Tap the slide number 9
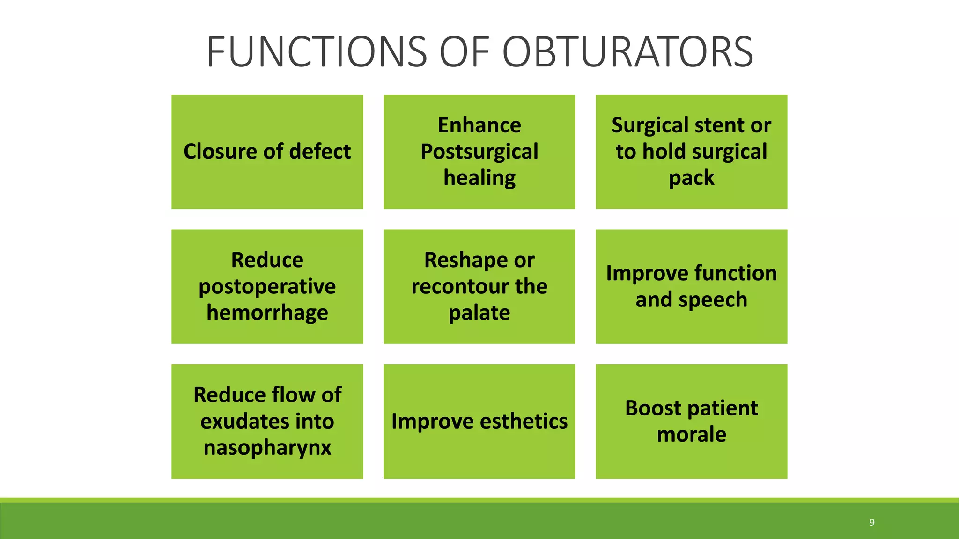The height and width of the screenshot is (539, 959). (871, 523)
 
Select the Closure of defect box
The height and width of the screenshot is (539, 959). (267, 152)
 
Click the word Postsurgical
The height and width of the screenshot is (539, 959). (479, 152)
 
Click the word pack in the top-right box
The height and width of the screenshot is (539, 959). (691, 178)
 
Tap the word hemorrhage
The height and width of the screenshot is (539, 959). (267, 313)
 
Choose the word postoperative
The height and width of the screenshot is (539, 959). (267, 286)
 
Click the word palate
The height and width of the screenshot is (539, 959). (479, 313)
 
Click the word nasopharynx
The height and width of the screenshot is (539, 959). (267, 447)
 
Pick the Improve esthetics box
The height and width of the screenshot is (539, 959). (479, 421)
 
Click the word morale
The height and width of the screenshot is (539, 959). (691, 434)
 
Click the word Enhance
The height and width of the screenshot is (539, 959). (479, 125)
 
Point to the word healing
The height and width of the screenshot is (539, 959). (479, 178)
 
